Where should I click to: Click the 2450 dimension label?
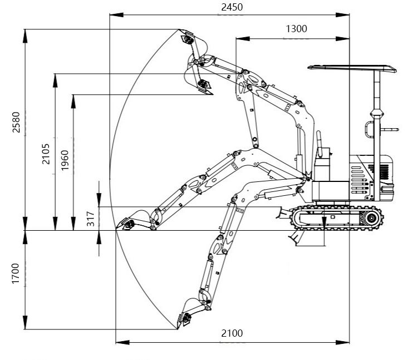click(x=232, y=7)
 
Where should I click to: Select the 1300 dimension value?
click(x=297, y=29)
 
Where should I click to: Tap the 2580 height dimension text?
click(x=16, y=123)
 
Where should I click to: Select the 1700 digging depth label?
click(x=16, y=273)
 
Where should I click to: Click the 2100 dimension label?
click(x=232, y=333)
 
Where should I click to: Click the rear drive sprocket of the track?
click(x=370, y=219)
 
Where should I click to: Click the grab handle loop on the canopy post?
click(x=368, y=129)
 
